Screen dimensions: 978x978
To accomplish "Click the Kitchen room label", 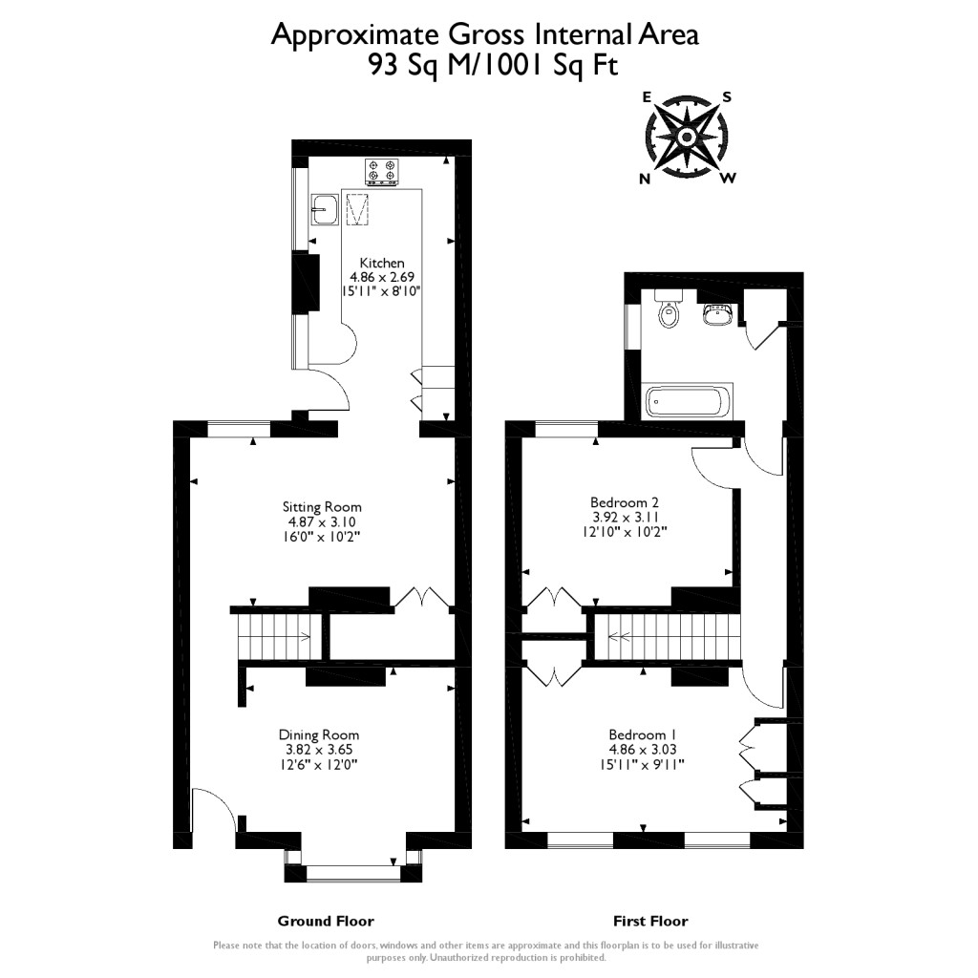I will point(381,263).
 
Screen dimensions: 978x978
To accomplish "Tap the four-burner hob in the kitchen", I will point(381,172).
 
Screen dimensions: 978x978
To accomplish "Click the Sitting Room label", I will point(322,506).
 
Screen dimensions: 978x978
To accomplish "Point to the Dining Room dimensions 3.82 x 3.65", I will point(319,750).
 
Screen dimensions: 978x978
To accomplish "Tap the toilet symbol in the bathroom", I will point(668,310).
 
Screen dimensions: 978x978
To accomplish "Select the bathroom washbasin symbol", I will point(718,312).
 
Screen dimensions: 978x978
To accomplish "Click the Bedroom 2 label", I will point(625,501).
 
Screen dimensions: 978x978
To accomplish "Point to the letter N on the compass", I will point(646,179).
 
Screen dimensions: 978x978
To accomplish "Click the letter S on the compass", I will point(726,96).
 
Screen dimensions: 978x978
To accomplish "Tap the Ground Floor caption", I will point(326,921).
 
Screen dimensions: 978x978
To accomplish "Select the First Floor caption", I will point(649,921).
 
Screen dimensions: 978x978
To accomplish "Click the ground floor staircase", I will point(275,635).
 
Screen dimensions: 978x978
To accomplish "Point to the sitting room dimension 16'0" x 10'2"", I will point(322,538).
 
